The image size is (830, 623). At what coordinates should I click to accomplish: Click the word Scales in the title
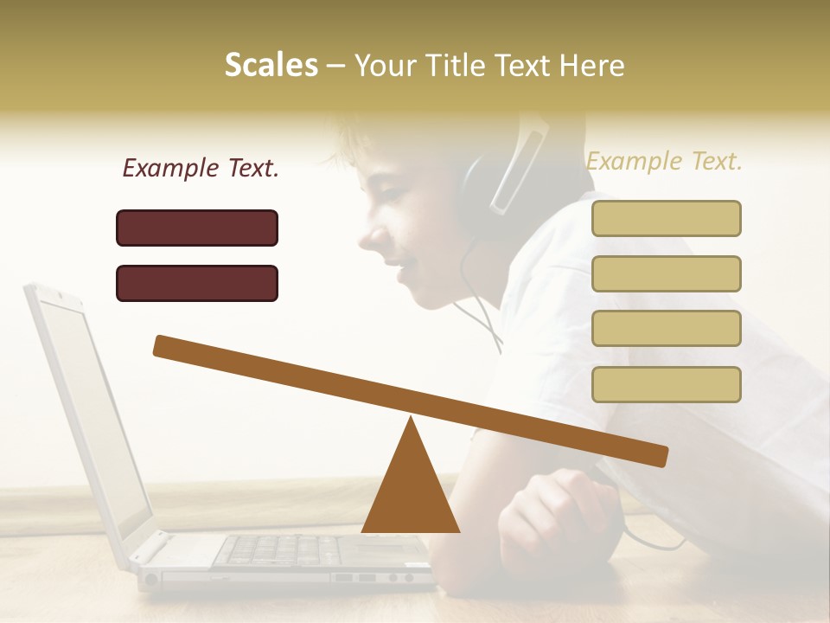271,65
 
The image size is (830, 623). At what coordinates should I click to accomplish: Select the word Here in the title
592,65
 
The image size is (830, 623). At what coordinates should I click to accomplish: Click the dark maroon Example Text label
201,169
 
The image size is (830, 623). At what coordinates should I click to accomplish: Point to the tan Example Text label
664,161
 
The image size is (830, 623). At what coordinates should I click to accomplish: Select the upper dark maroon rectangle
197,228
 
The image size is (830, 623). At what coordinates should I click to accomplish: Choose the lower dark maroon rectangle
197,283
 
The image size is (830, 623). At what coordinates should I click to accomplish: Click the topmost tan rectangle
666,218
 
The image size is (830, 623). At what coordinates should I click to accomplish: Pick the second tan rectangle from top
666,273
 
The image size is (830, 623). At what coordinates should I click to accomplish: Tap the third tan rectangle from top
666,329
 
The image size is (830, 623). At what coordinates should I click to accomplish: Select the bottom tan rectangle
666,384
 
